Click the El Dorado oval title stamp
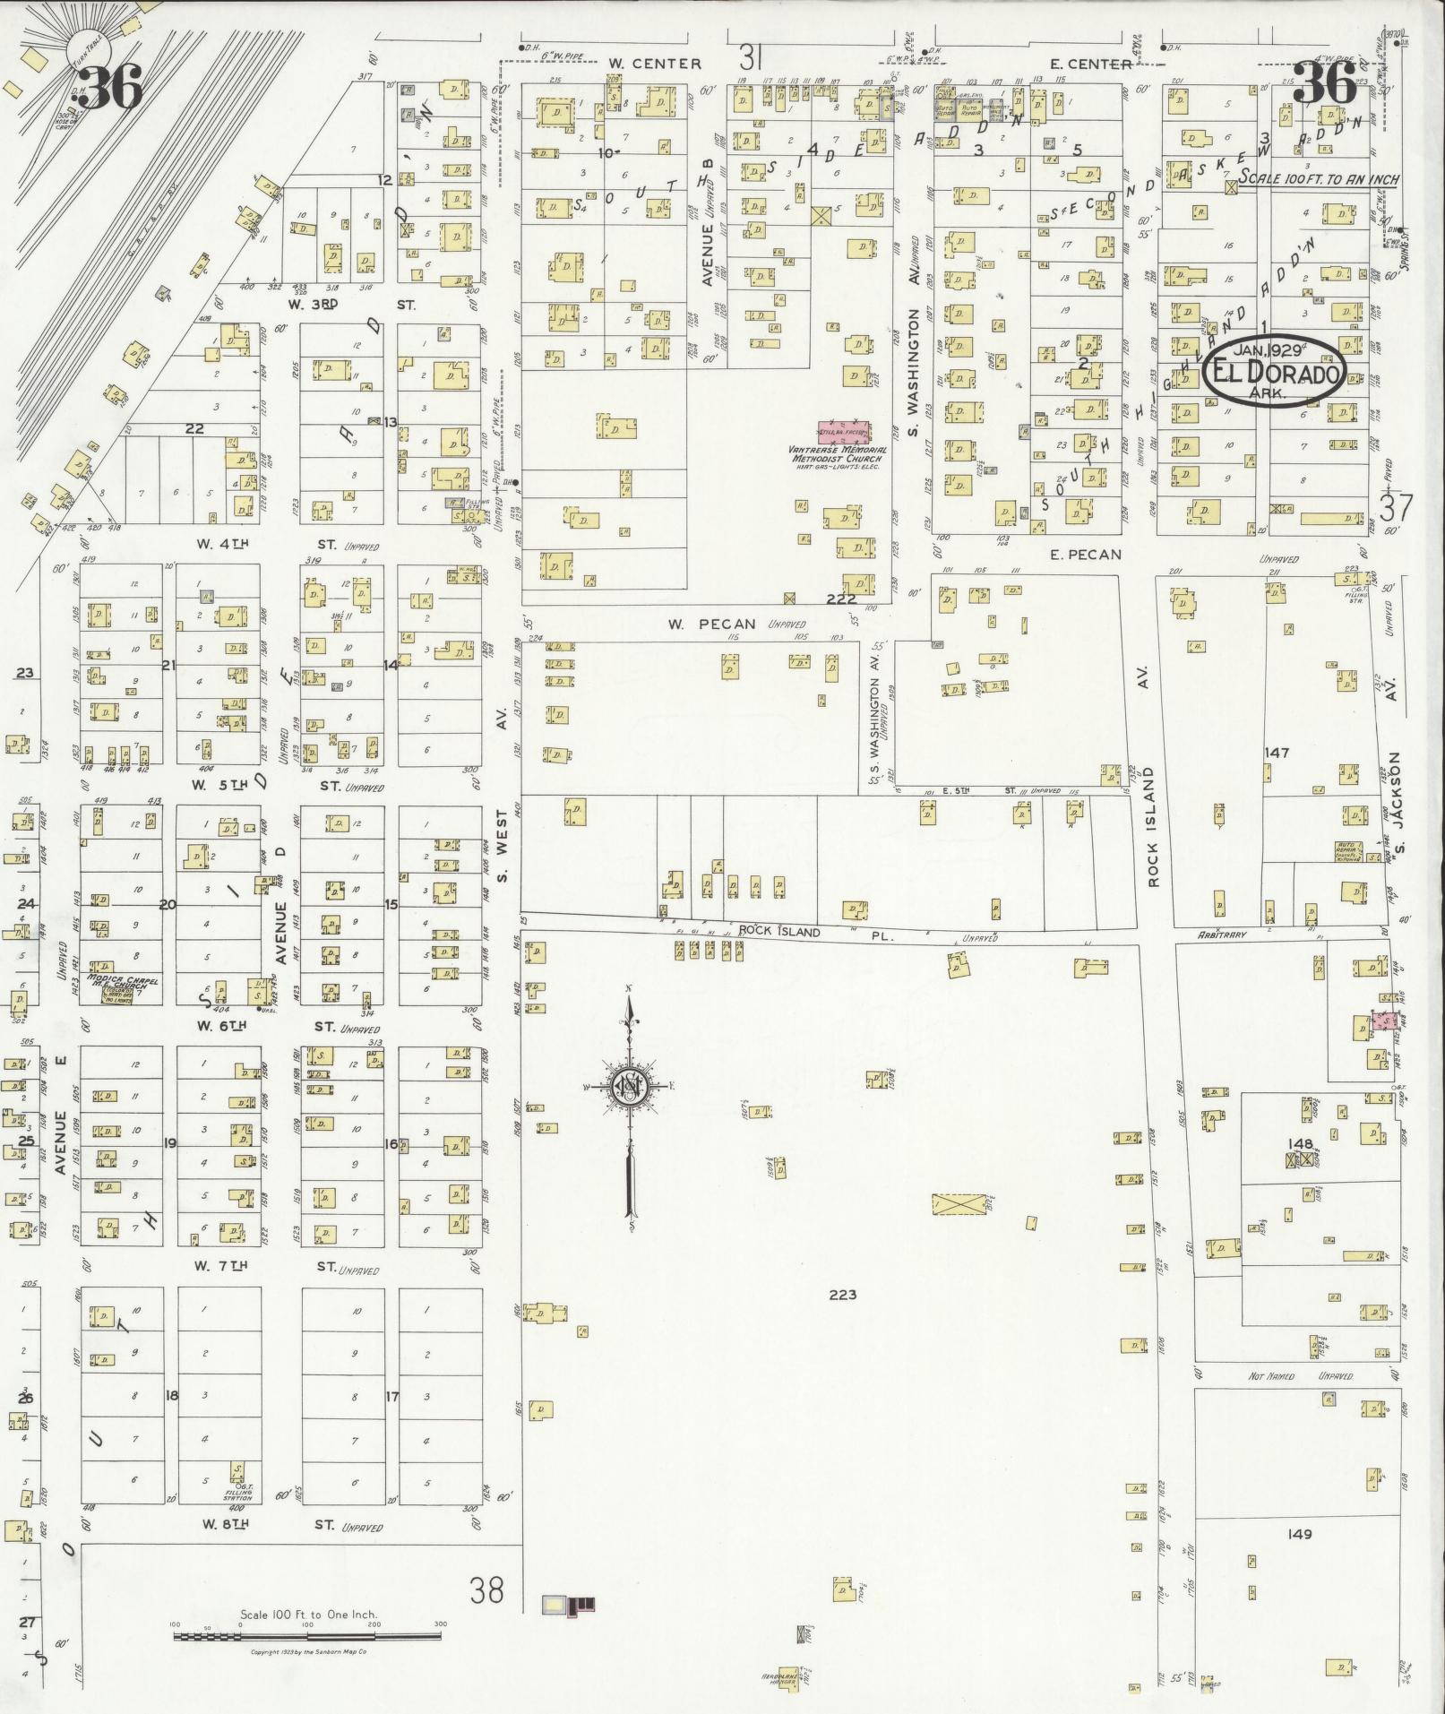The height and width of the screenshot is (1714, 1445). pos(1272,373)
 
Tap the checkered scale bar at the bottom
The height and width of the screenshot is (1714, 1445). pos(307,1636)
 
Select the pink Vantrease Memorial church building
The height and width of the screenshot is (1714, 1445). pos(843,432)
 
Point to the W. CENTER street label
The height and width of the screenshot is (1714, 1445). pos(654,64)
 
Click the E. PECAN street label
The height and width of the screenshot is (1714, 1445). pos(1084,555)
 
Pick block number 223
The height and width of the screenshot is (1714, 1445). pos(842,1295)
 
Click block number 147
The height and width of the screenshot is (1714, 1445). pos(1276,753)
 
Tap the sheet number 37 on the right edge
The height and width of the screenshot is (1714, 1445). pos(1396,509)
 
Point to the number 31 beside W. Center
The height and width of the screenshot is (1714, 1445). pos(751,59)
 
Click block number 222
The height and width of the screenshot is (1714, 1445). pos(840,599)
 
